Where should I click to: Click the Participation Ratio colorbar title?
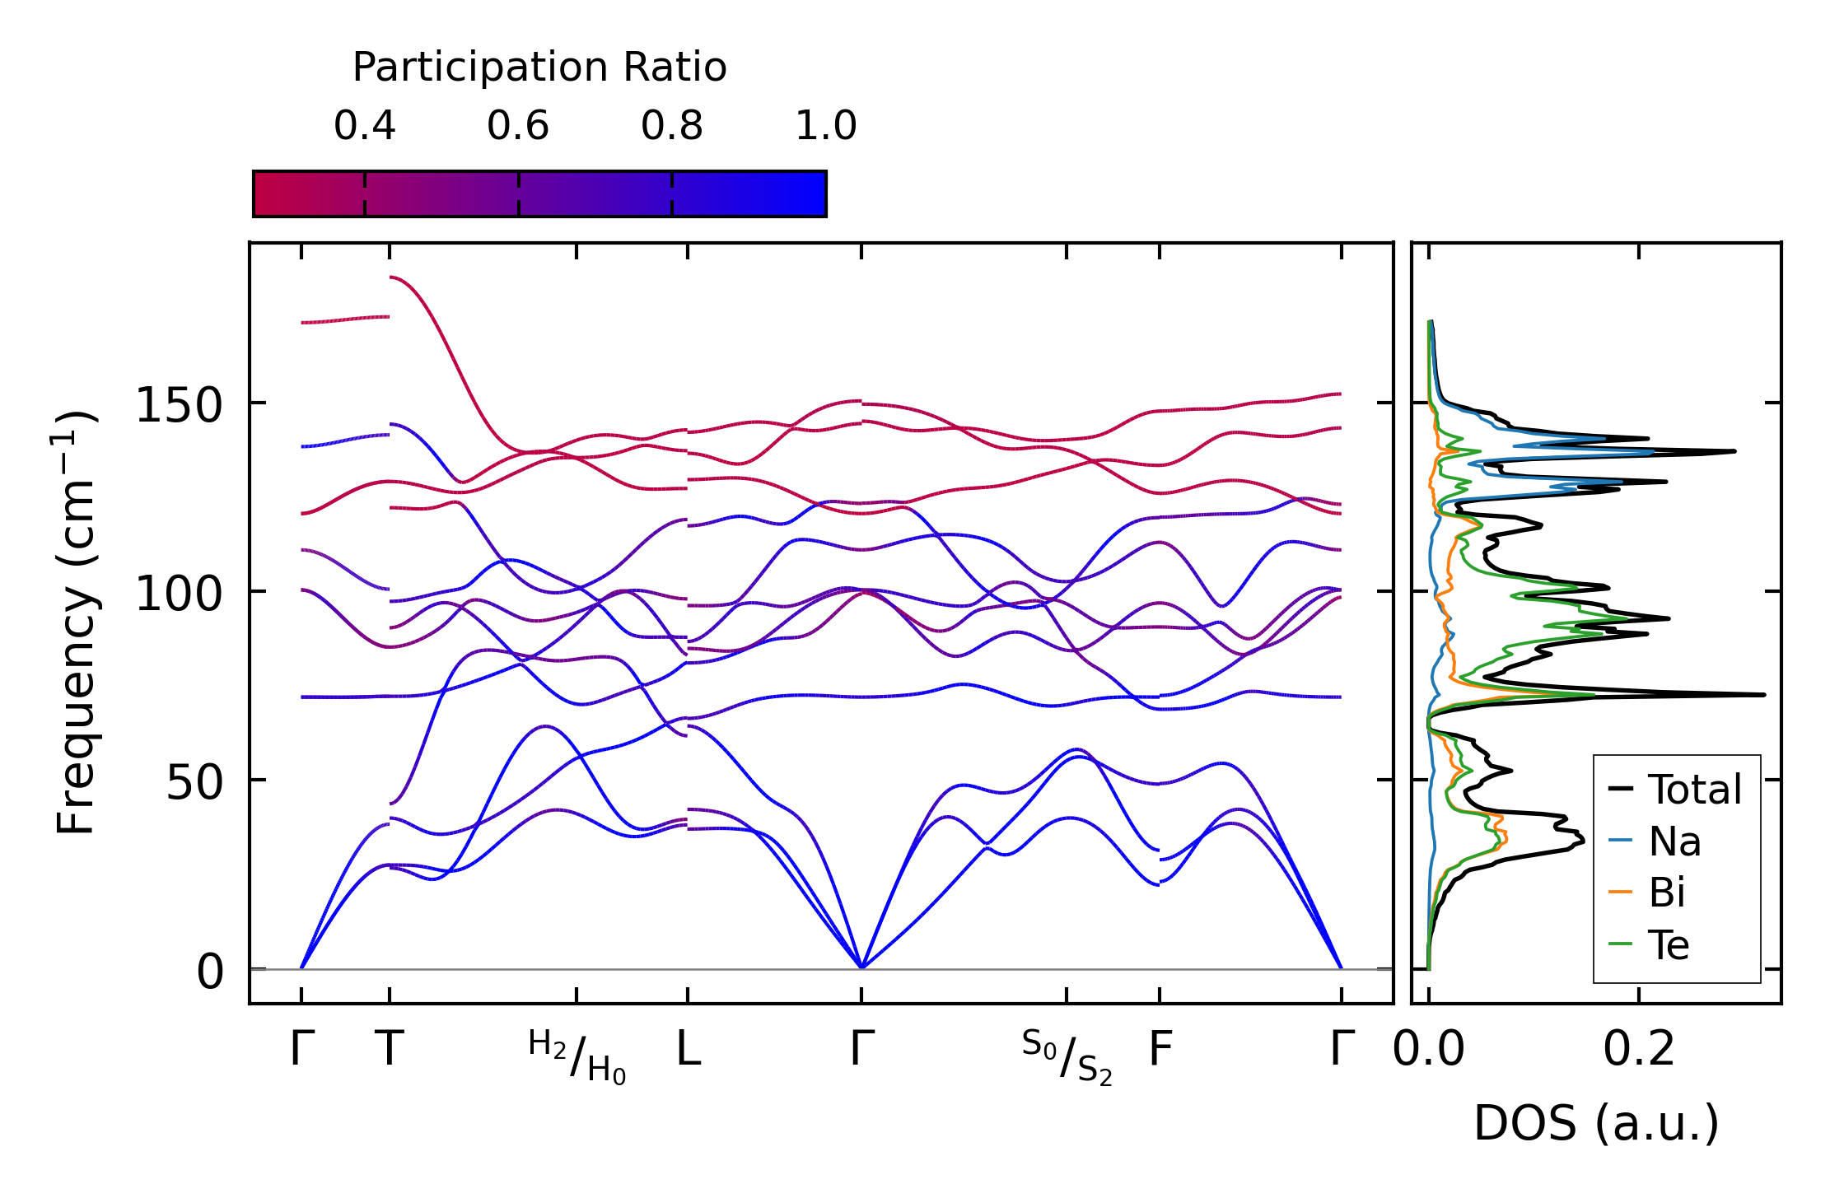(539, 68)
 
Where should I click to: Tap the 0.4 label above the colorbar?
(364, 126)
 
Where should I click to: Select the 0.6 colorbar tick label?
(517, 126)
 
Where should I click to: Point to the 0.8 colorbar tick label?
(671, 126)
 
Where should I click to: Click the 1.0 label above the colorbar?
(825, 126)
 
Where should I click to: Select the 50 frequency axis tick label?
(194, 783)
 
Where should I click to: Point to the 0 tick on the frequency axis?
(209, 972)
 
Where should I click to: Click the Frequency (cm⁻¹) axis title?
(77, 622)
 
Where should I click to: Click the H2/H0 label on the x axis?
(577, 1057)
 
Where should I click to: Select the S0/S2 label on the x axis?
(1067, 1057)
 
